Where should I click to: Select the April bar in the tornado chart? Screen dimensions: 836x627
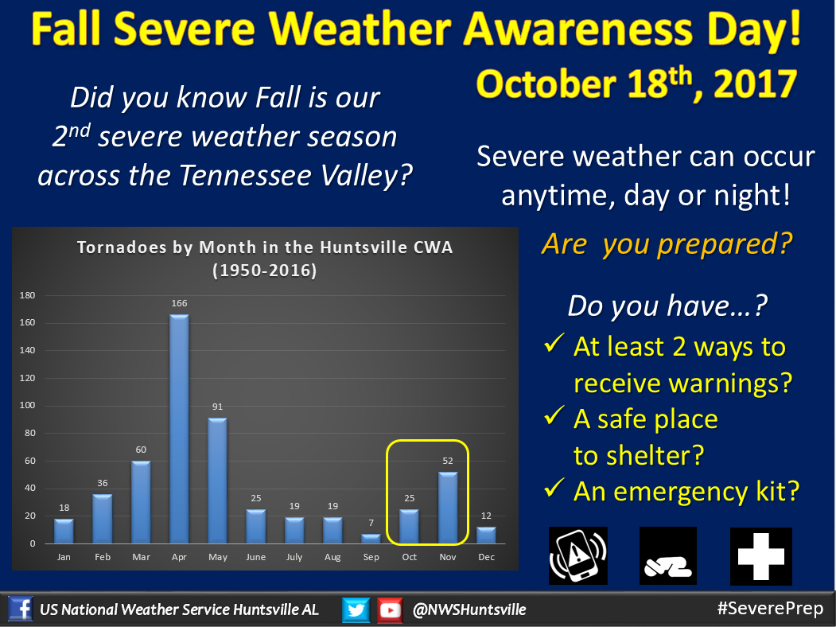click(179, 429)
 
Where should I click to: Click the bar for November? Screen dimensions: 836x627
click(448, 508)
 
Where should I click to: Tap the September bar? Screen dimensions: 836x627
click(371, 539)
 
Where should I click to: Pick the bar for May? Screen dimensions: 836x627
click(217, 481)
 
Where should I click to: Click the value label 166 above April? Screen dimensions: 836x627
click(179, 303)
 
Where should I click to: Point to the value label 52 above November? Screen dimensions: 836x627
click(448, 461)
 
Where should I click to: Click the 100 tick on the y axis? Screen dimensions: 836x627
click(27, 405)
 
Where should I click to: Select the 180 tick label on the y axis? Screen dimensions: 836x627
click(27, 295)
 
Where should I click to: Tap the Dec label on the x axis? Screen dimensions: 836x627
click(486, 557)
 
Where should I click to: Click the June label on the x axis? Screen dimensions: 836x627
click(256, 557)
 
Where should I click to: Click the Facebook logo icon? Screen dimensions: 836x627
click(20, 609)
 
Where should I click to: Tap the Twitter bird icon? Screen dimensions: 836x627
click(356, 609)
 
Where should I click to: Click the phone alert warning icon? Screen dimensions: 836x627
click(578, 555)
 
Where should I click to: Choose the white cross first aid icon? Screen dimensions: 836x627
click(760, 557)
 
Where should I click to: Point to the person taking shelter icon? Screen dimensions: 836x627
click(668, 555)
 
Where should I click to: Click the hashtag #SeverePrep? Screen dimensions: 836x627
click(771, 609)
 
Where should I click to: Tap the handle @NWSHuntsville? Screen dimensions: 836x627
click(469, 609)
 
